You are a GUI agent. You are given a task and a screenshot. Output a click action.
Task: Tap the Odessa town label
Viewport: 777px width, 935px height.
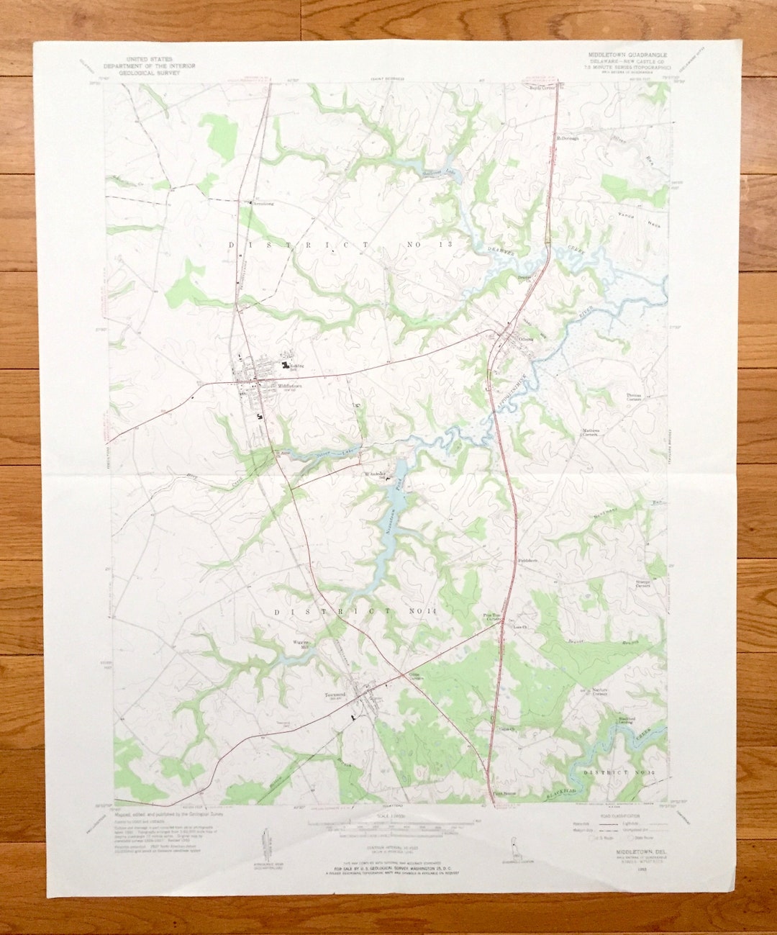point(528,339)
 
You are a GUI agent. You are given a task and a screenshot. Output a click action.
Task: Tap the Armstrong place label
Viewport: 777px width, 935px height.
point(264,204)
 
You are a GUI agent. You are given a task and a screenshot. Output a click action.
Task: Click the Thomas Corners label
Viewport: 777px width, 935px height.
point(633,396)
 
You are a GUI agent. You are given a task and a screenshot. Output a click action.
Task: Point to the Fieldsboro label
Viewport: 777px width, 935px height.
point(527,559)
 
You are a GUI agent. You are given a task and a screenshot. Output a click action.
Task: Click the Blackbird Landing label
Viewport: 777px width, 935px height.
point(627,721)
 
